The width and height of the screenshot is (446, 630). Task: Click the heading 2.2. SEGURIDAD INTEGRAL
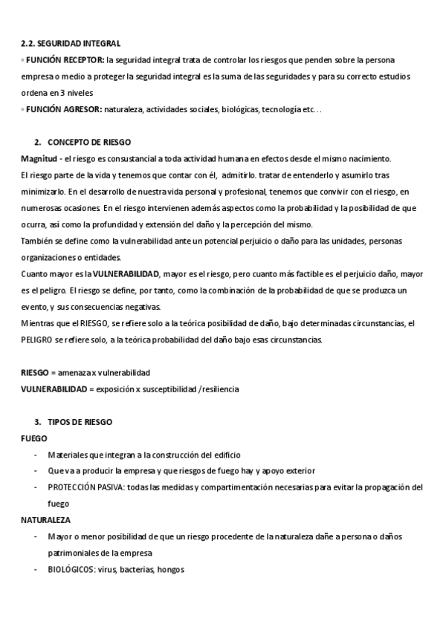[x=71, y=45]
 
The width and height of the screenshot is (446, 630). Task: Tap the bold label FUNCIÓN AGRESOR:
[x=64, y=110]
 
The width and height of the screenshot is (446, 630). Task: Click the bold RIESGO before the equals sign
[x=34, y=372]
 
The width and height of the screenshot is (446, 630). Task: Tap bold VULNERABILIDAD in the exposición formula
[x=53, y=389]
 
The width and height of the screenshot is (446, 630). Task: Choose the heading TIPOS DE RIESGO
[x=80, y=421]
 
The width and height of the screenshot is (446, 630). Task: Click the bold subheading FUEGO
[x=34, y=438]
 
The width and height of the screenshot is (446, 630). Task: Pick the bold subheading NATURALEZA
[x=45, y=520]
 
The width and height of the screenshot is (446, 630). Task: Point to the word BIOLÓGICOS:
[x=71, y=570]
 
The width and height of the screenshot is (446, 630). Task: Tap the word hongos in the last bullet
[x=170, y=570]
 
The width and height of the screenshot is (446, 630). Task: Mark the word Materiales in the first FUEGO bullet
[x=67, y=454]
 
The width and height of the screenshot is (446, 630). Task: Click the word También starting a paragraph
[x=38, y=241]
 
